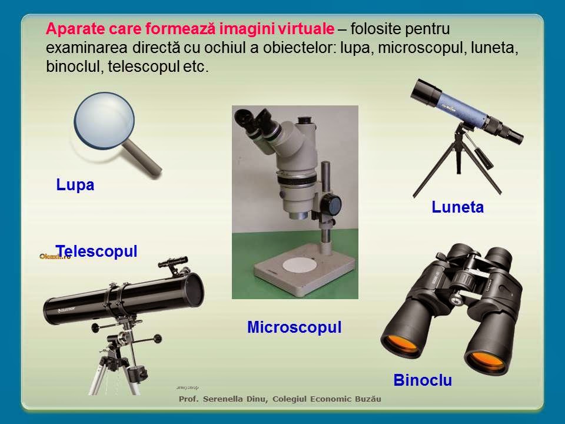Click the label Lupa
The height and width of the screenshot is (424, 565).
tap(75, 185)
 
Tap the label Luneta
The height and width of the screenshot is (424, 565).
tap(457, 207)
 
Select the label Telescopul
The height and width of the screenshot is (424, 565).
tap(97, 251)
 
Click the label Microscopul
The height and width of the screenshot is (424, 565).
tap(294, 327)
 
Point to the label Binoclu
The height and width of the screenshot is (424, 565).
tap(423, 380)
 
